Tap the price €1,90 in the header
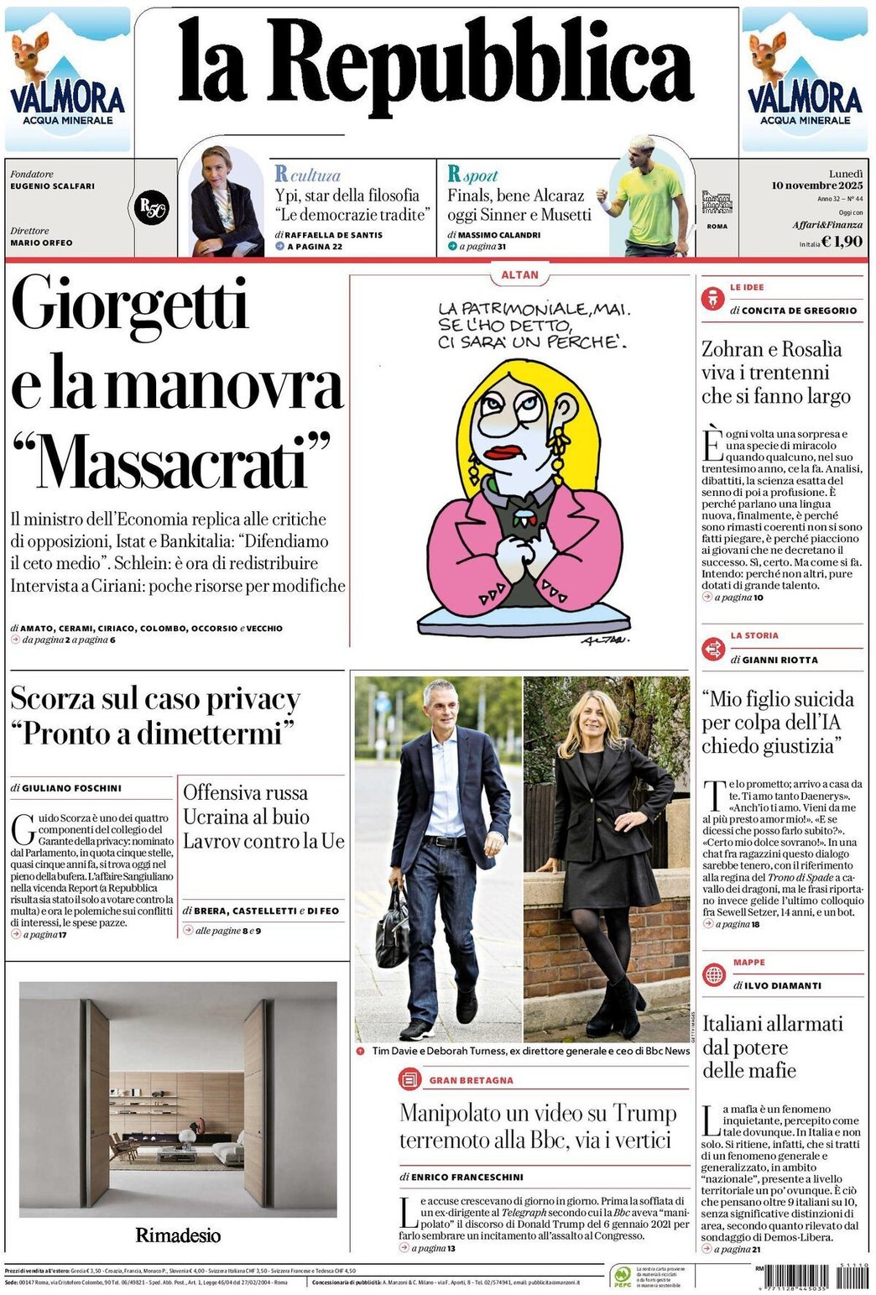coord(842,242)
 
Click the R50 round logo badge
coord(153,206)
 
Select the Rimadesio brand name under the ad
coord(178,1235)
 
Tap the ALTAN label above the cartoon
coord(520,274)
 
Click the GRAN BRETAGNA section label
coord(471,1080)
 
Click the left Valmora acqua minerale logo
coord(67,80)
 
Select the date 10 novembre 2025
coord(816,185)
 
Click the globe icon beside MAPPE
coord(714,974)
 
